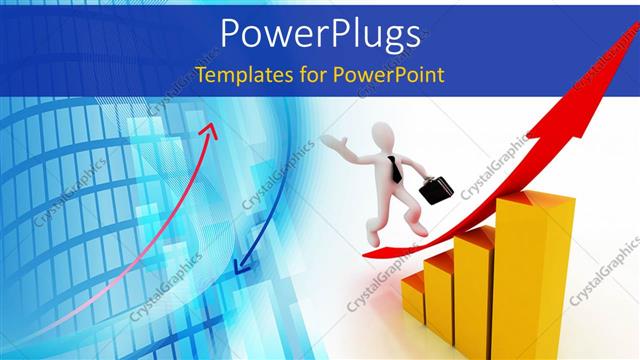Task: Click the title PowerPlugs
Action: click(319, 34)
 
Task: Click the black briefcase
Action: click(436, 190)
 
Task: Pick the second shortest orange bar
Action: click(440, 290)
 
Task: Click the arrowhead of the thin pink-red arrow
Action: click(211, 128)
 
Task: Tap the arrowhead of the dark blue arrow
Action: click(236, 266)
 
